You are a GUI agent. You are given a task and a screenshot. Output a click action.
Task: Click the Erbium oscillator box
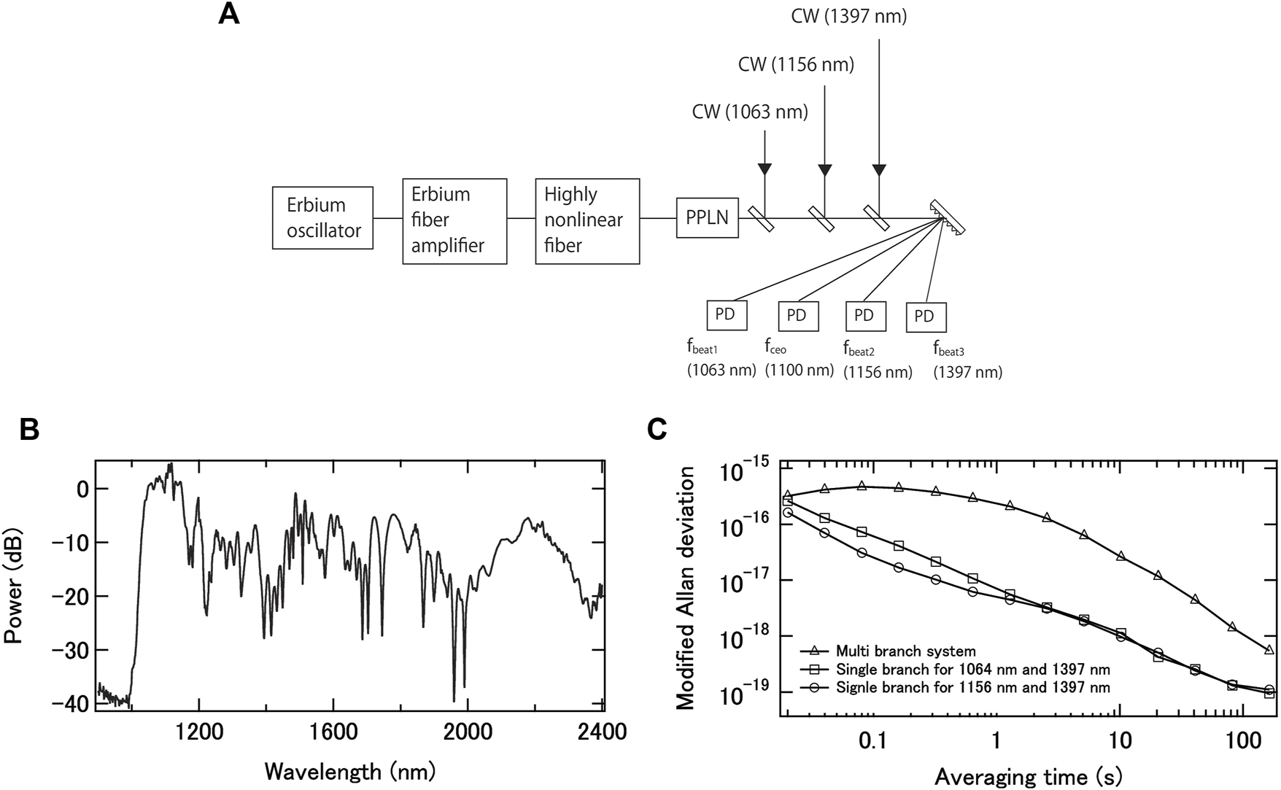click(x=322, y=218)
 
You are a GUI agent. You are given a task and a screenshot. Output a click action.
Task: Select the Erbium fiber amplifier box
click(x=454, y=220)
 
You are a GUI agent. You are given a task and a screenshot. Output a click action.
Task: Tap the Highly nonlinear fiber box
click(x=587, y=220)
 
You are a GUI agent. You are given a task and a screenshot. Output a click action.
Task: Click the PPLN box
click(x=707, y=217)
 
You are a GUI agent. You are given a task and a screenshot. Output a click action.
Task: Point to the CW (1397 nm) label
click(x=848, y=16)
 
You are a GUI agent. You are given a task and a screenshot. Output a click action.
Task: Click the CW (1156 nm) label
click(x=796, y=65)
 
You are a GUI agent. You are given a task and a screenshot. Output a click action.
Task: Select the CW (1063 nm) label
click(x=750, y=112)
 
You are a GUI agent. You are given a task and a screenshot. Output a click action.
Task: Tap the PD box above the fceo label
click(x=798, y=316)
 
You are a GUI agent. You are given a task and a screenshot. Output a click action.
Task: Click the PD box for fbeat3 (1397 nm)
click(x=925, y=317)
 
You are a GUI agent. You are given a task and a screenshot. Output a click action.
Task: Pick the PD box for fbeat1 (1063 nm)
click(x=727, y=314)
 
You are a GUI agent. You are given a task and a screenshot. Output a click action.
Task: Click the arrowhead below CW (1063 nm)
click(x=765, y=170)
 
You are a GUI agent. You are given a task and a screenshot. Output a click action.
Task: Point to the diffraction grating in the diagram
click(x=948, y=217)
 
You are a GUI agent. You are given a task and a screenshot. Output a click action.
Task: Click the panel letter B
click(x=29, y=430)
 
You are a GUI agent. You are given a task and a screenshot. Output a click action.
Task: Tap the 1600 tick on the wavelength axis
click(x=333, y=732)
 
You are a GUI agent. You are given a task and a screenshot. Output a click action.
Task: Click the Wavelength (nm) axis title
click(x=350, y=770)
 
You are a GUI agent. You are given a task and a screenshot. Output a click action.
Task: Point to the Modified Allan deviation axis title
click(x=685, y=589)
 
